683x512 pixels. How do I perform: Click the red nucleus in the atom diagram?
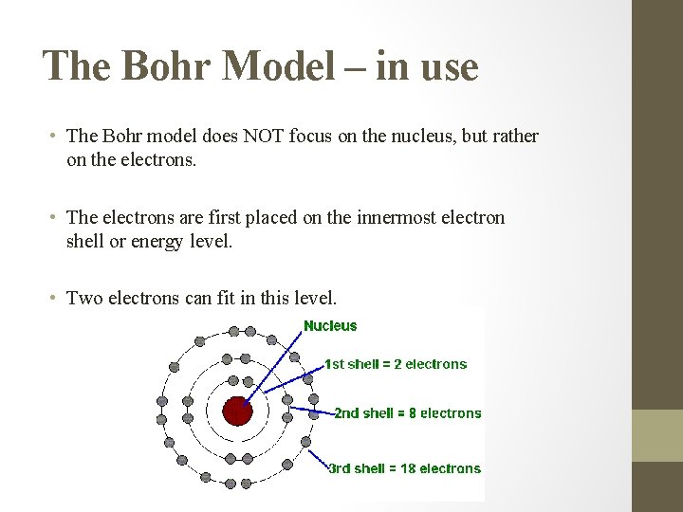click(x=237, y=411)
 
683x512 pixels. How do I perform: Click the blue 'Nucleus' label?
click(x=330, y=326)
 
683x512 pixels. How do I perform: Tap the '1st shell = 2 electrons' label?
click(x=396, y=364)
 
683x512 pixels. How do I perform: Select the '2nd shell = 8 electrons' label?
click(x=407, y=413)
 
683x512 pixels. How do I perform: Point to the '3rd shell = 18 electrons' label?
click(x=404, y=468)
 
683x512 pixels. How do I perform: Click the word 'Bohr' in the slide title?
click(x=162, y=66)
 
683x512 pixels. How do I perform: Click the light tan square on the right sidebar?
click(x=657, y=435)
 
